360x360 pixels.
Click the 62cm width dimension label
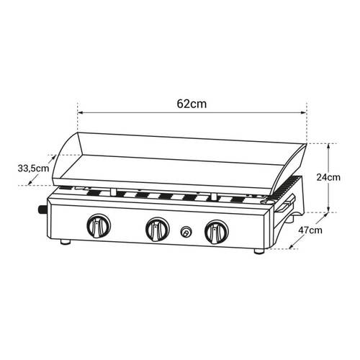point(192,104)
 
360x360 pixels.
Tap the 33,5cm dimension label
point(33,168)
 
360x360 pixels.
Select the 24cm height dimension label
point(328,177)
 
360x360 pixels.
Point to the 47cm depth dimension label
point(310,230)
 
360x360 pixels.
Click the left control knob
point(99,226)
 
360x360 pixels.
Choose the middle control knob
point(158,229)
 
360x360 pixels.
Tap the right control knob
point(217,232)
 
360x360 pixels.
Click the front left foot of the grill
point(66,242)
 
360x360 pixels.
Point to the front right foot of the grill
point(259,251)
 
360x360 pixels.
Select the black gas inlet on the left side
point(42,210)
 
